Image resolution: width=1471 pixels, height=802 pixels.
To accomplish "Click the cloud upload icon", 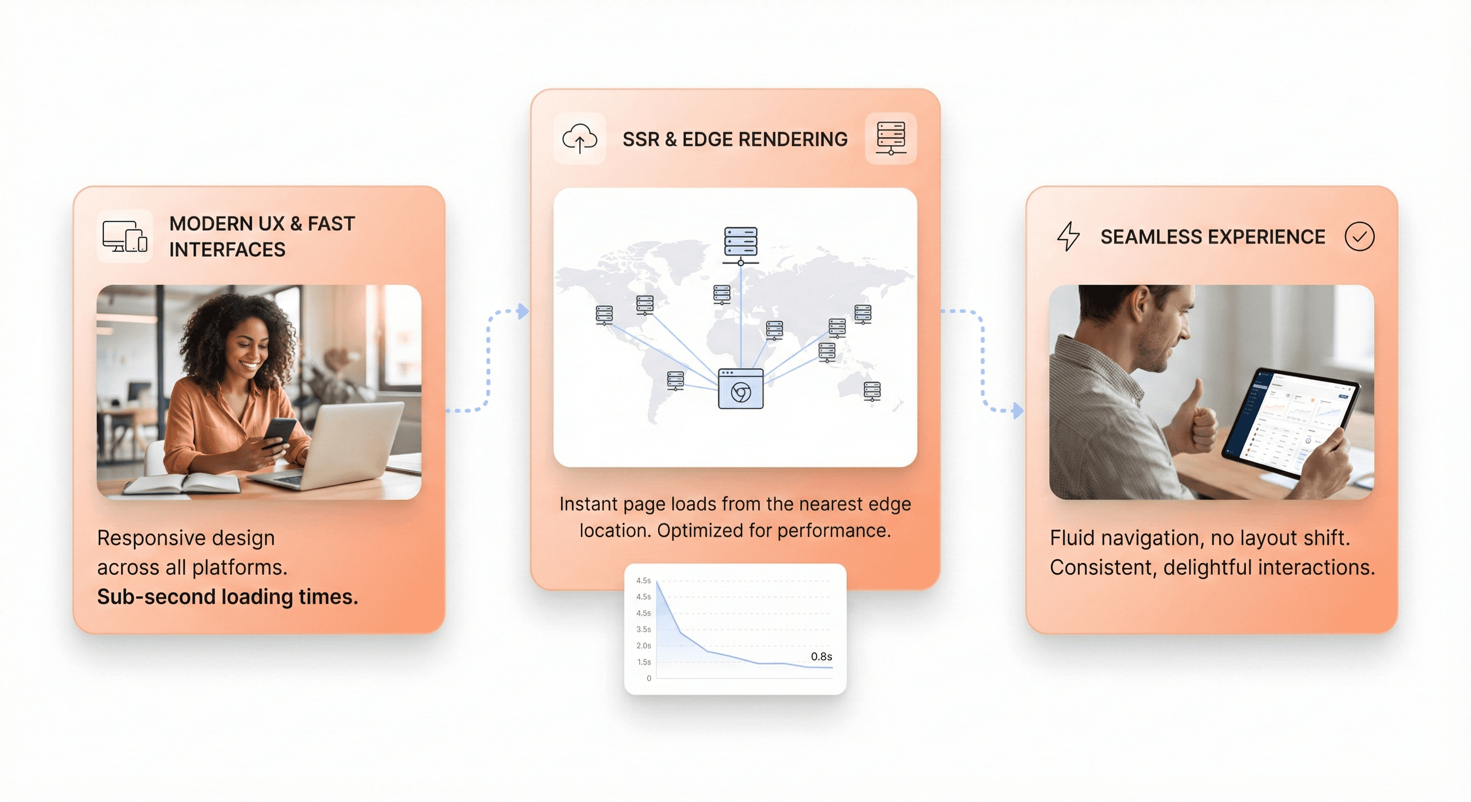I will coord(580,139).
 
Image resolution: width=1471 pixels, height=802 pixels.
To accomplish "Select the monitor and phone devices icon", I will coord(124,237).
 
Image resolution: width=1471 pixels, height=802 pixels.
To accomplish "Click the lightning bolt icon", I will coord(1068,236).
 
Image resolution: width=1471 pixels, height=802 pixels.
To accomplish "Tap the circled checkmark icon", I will coord(1359,237).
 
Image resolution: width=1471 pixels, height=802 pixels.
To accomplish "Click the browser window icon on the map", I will coord(741,388).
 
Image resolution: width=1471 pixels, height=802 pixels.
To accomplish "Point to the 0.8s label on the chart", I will coord(821,656).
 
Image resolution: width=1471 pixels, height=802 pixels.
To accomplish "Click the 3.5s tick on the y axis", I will coord(644,629).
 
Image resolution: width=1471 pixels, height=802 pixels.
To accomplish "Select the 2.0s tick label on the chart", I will coord(644,645).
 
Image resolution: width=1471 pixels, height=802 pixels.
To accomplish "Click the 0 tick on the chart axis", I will coord(649,678).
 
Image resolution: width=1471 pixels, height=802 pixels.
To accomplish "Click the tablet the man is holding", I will coord(1291,420).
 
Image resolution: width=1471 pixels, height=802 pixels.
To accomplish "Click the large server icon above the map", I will coord(741,244).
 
